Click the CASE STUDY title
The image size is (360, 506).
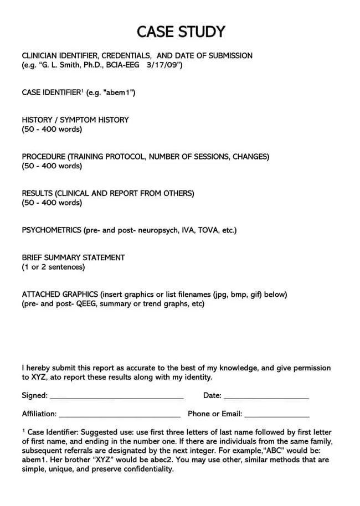click(x=181, y=32)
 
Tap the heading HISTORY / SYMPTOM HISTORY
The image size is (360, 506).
click(x=75, y=120)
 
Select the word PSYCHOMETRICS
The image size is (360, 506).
click(x=52, y=230)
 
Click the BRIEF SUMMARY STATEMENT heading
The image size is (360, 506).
click(x=73, y=257)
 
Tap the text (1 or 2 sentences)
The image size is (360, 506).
click(x=53, y=267)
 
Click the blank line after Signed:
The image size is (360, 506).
click(x=116, y=397)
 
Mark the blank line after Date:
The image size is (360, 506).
click(x=266, y=397)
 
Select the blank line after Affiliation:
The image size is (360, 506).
click(x=119, y=415)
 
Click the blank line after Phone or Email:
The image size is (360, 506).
click(x=277, y=415)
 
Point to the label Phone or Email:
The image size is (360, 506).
click(x=215, y=414)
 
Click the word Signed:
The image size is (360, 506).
click(x=34, y=395)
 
